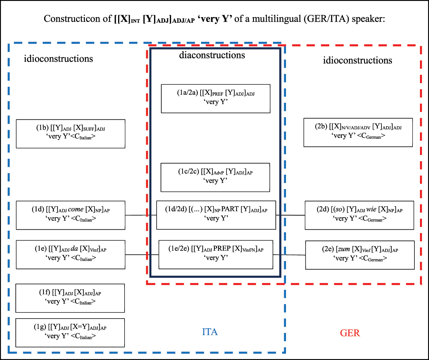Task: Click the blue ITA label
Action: pyautogui.click(x=210, y=332)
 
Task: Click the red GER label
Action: pyautogui.click(x=350, y=333)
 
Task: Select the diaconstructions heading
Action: pyautogui.click(x=212, y=55)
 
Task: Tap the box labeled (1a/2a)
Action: pyautogui.click(x=215, y=99)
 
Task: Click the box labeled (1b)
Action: pyautogui.click(x=71, y=134)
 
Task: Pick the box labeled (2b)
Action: pyautogui.click(x=358, y=132)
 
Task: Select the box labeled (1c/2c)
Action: pyautogui.click(x=215, y=177)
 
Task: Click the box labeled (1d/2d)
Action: pyautogui.click(x=216, y=215)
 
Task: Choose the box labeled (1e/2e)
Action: pyautogui.click(x=216, y=254)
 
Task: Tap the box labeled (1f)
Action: pyautogui.click(x=70, y=298)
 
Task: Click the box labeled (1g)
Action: pyautogui.click(x=70, y=333)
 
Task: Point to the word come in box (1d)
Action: pyautogui.click(x=76, y=209)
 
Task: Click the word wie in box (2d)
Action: pyautogui.click(x=371, y=209)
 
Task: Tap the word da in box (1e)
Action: pyautogui.click(x=74, y=249)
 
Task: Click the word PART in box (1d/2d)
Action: pyautogui.click(x=230, y=209)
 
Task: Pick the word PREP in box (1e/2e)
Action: pyautogui.click(x=222, y=249)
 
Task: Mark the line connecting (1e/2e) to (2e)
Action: pyautogui.click(x=289, y=255)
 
